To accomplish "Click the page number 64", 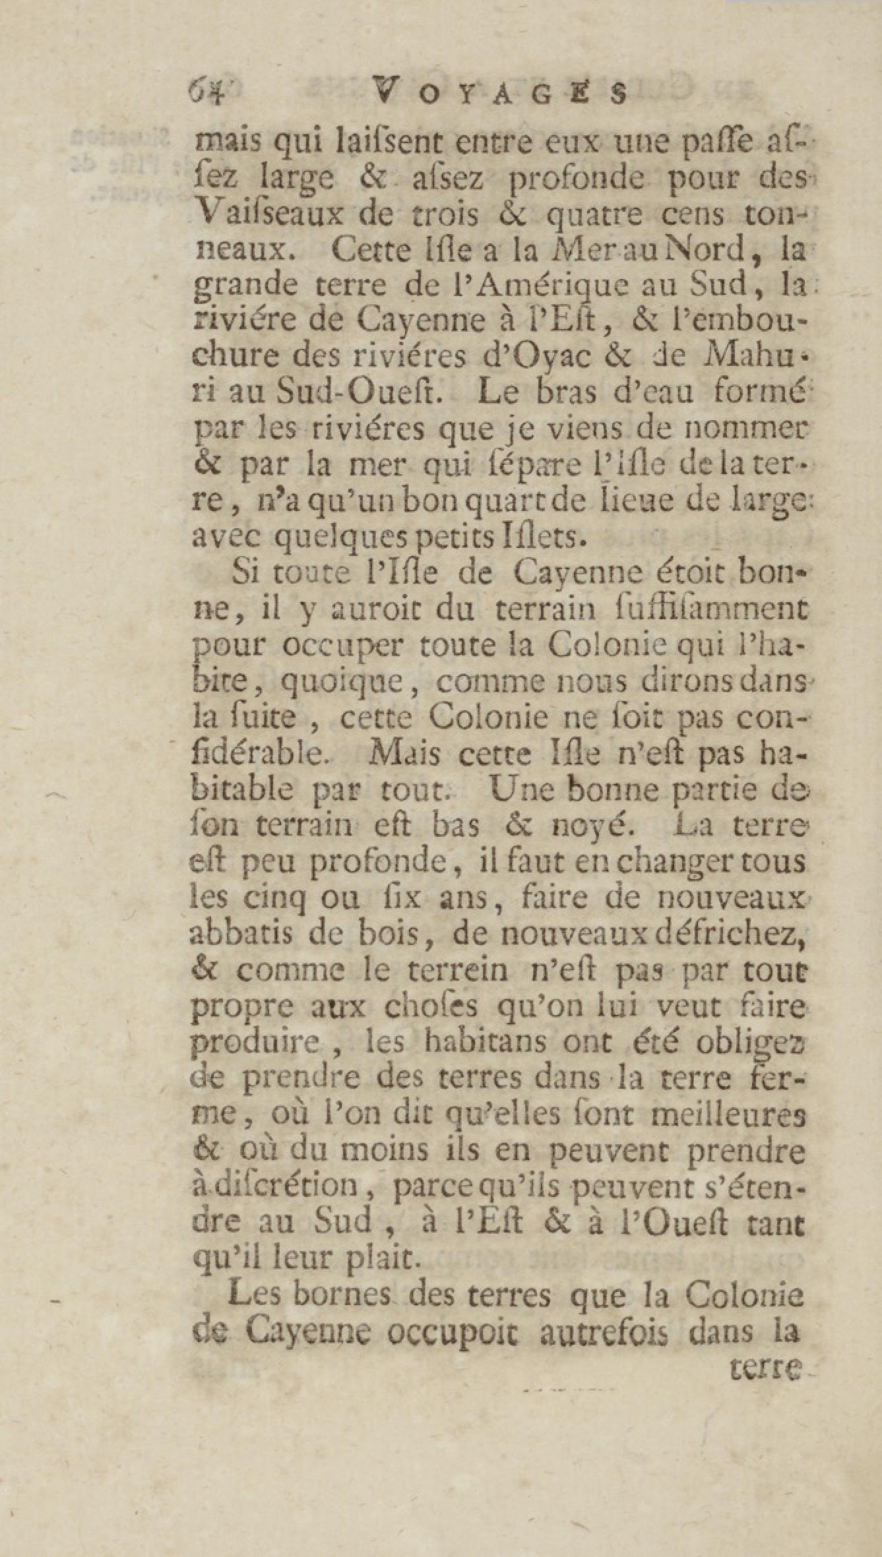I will click(x=207, y=90).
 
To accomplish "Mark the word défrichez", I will click(x=733, y=934).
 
